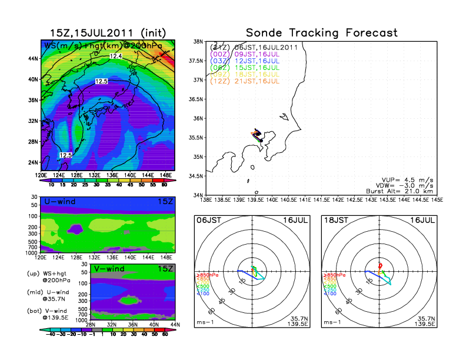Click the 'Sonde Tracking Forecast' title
[x=321, y=32]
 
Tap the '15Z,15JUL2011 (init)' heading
[x=108, y=32]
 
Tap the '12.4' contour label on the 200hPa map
[x=116, y=56]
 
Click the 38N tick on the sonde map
[x=199, y=42]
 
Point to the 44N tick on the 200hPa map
[x=34, y=58]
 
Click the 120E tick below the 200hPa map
[x=41, y=175]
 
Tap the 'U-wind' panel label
[x=59, y=202]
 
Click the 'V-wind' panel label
[x=108, y=269]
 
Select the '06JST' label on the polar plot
[x=207, y=220]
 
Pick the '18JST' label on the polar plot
[x=334, y=220]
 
